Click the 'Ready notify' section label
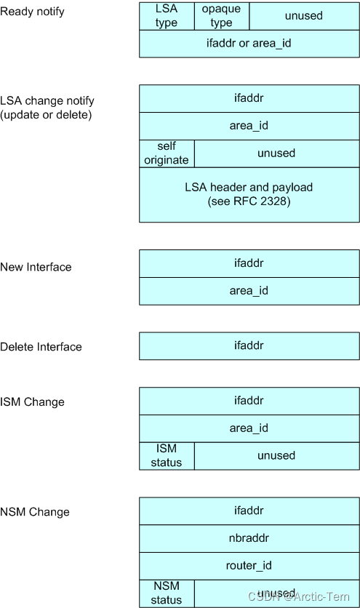[x=32, y=12]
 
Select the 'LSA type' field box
[x=167, y=15]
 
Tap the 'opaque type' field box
[x=222, y=15]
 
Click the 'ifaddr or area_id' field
[x=249, y=43]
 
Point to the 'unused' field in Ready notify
[x=304, y=15]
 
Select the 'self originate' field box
[x=167, y=153]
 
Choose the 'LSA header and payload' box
[x=249, y=194]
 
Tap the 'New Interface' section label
[x=36, y=267]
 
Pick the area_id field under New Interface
[x=249, y=290]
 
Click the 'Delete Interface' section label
[x=41, y=347]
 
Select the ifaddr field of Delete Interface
[x=249, y=346]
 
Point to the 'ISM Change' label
[x=32, y=402]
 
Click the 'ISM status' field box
[x=167, y=456]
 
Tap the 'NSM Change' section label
[x=35, y=512]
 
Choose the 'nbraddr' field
[x=249, y=538]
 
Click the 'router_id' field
[x=249, y=565]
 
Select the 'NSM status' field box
[x=167, y=593]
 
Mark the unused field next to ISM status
[x=276, y=456]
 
